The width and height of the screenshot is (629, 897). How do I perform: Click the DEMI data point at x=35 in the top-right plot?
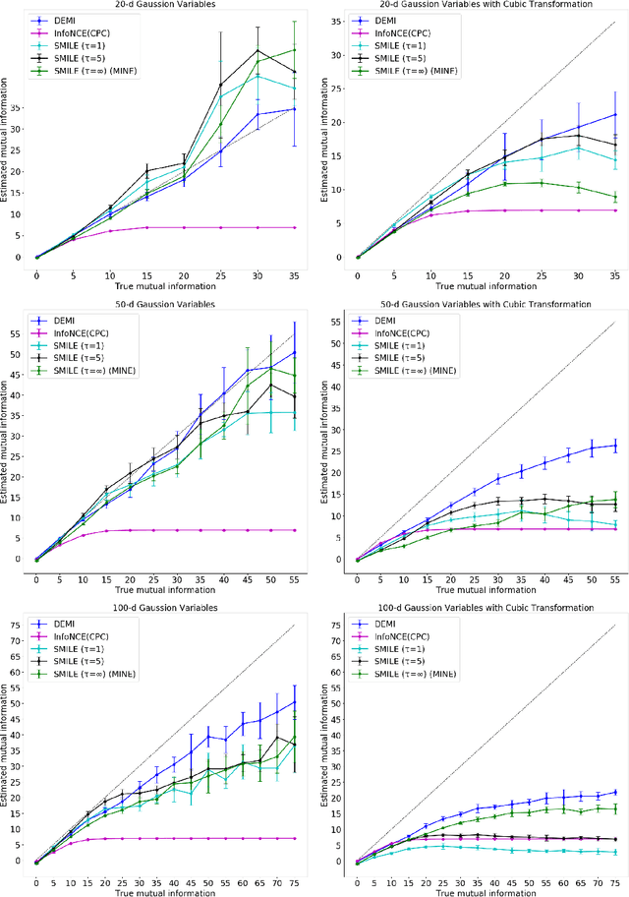[x=615, y=114]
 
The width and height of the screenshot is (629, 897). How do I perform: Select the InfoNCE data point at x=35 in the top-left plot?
[x=294, y=227]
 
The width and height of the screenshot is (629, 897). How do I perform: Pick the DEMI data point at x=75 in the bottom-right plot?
[x=615, y=792]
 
